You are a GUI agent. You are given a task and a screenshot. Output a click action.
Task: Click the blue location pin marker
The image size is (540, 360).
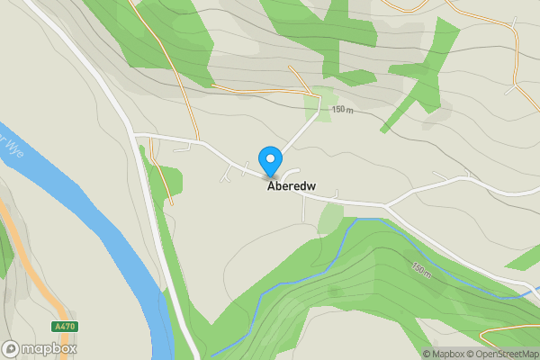pyautogui.click(x=269, y=161)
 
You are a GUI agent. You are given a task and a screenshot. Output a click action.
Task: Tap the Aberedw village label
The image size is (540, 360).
pyautogui.click(x=292, y=187)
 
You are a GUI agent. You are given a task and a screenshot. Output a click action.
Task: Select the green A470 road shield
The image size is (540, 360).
pyautogui.click(x=63, y=327)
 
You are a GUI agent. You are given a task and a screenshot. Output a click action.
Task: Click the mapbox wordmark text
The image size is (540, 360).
pyautogui.click(x=49, y=348)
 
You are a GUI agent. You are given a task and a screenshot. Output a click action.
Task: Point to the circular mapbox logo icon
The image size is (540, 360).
pyautogui.click(x=11, y=348)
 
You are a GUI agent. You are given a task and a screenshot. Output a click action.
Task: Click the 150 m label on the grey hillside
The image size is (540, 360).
pyautogui.click(x=343, y=110)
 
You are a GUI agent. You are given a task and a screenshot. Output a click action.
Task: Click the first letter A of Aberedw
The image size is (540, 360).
pyautogui.click(x=270, y=187)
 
